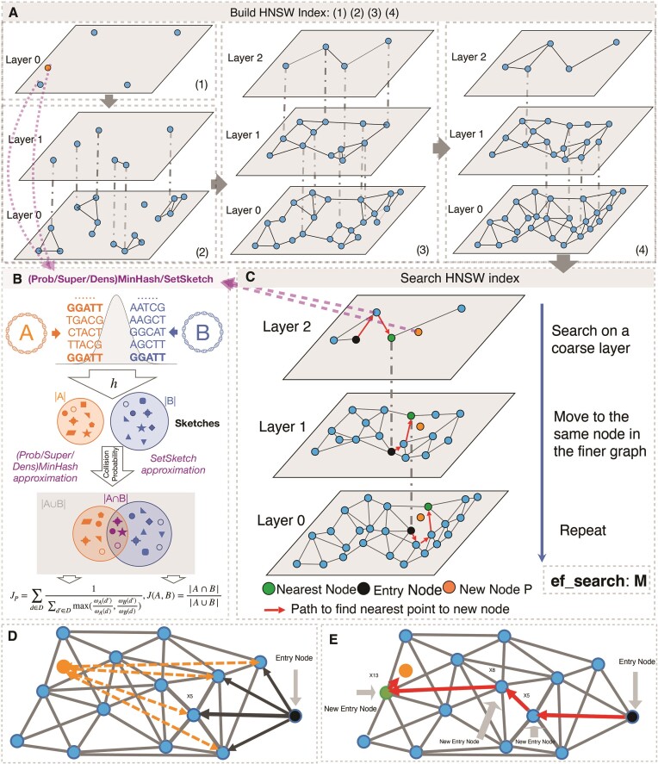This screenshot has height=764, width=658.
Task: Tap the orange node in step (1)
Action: (x=49, y=66)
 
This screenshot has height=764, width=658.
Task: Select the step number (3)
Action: (x=422, y=251)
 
